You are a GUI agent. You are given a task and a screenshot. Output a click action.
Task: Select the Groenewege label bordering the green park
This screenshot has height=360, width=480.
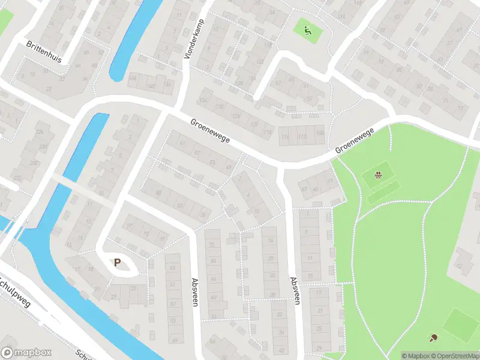coord(355,140)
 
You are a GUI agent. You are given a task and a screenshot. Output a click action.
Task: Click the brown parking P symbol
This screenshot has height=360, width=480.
coord(118,262)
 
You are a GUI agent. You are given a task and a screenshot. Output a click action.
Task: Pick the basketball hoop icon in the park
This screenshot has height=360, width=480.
coord(379,175)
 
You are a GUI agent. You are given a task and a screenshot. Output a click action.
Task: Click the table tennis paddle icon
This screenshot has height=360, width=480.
coord(434,338)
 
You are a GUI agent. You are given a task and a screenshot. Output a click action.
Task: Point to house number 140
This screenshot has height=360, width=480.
coord(151,86)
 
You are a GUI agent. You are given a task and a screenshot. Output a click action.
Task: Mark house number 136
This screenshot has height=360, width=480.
coord(205,98)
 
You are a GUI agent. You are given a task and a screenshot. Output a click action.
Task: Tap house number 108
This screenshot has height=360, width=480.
coord(319,132)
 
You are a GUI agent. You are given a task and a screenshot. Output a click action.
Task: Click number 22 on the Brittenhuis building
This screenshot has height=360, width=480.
coord(48,88)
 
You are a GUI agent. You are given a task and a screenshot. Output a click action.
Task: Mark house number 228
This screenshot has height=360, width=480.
coord(43,146)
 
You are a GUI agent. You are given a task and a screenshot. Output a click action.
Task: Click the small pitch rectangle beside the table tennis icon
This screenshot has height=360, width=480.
coord(459,323)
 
